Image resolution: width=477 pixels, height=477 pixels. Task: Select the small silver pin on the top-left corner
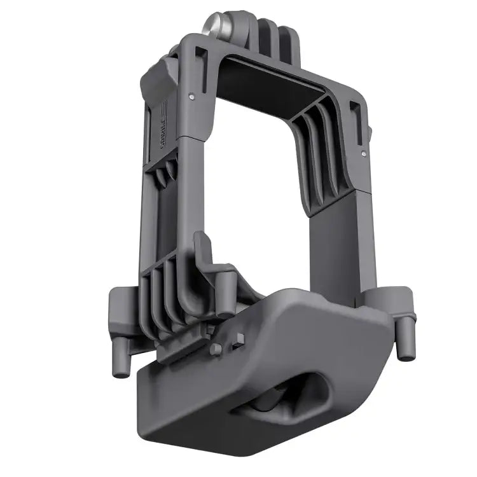click(191, 97)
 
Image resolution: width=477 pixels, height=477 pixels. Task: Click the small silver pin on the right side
click(363, 153)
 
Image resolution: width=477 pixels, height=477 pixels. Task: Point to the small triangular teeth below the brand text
click(167, 172)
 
